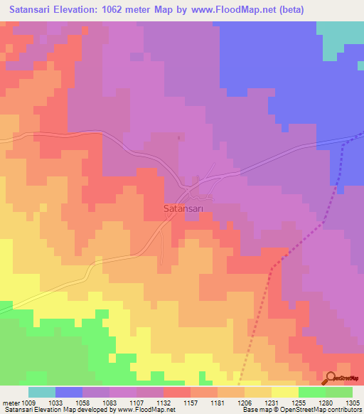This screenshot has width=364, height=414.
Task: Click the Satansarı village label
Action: pyautogui.click(x=183, y=209)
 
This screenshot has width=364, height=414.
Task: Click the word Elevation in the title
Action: pyautogui.click(x=82, y=10)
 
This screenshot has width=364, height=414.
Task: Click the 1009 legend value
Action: pyautogui.click(x=28, y=403)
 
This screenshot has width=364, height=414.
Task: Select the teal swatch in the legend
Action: pyautogui.click(x=42, y=392)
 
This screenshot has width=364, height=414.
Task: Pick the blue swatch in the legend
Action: pyautogui.click(x=69, y=392)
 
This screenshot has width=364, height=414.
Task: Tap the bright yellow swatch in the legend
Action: pyautogui.click(x=285, y=392)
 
